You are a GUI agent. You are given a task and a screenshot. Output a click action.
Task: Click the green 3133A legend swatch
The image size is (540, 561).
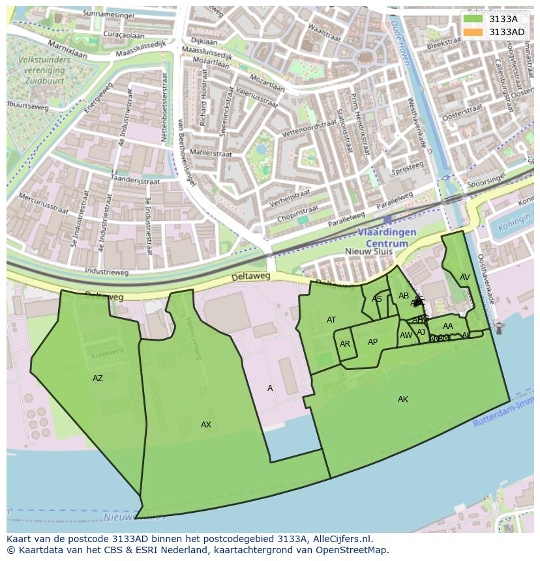[473, 19]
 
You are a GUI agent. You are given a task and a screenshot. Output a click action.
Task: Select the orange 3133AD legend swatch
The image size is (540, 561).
[473, 32]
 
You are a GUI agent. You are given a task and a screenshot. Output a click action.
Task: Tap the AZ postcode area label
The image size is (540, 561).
[97, 379]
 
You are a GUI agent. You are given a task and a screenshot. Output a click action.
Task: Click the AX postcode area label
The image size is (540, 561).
[206, 425]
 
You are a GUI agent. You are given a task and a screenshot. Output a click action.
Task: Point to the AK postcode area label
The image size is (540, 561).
[403, 399]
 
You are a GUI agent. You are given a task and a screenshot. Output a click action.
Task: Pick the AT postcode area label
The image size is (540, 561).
[331, 320]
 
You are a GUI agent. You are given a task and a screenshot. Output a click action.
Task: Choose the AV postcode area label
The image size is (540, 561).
[464, 278]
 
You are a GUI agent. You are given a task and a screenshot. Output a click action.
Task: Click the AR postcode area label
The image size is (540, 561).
[345, 344]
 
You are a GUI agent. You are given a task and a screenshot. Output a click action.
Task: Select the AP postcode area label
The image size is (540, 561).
[372, 342]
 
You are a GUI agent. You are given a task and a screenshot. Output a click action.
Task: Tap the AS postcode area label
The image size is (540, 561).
[377, 299]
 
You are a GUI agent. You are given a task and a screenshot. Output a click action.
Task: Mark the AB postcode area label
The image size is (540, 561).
[404, 296]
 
